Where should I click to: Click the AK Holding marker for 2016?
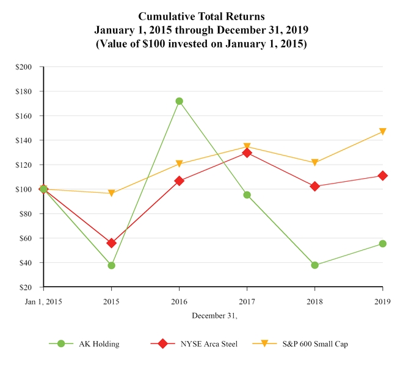(179, 101)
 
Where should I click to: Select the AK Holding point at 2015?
(111, 265)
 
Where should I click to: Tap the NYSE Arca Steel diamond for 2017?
(247, 152)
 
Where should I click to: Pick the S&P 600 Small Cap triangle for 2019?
(382, 132)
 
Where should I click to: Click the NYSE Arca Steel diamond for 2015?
(111, 243)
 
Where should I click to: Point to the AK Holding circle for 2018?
(314, 265)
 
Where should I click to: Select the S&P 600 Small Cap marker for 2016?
(179, 163)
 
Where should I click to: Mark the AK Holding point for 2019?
(382, 243)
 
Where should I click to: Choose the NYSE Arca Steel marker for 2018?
(314, 186)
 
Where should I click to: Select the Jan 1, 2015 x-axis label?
(43, 301)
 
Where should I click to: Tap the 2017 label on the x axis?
(247, 301)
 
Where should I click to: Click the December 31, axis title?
(214, 315)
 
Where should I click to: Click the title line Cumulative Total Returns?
(201, 16)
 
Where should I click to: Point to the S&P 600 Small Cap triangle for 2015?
(111, 193)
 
